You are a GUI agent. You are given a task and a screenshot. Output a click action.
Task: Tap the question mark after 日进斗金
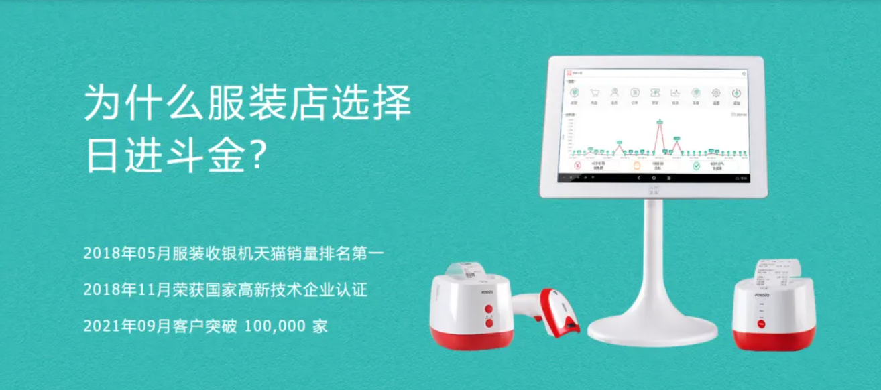point(259,155)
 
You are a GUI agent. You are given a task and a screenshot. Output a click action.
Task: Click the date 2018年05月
point(127,254)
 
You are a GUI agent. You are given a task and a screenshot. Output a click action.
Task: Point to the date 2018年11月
point(127,290)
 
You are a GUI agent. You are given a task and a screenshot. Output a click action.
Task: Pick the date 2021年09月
point(127,326)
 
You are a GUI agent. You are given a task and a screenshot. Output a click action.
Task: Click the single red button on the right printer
point(761,324)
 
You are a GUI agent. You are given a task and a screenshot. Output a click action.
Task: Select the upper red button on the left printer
point(488,309)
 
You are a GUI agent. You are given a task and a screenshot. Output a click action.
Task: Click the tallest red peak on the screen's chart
point(660,121)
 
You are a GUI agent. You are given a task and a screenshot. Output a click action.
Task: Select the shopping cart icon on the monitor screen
point(594,94)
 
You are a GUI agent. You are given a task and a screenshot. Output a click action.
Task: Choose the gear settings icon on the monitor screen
point(715,94)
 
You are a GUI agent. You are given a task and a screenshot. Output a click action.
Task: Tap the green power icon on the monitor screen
point(736,94)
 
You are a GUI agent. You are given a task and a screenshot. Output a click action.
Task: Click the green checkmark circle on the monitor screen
point(697,165)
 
